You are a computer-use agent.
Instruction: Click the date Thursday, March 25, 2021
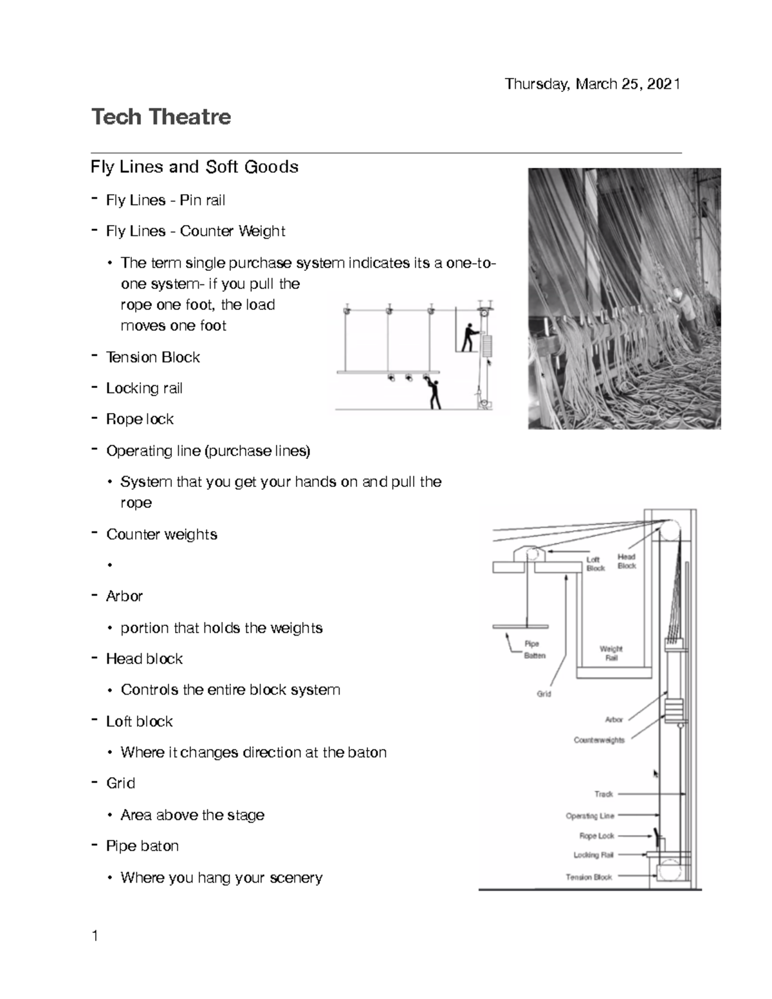tap(592, 84)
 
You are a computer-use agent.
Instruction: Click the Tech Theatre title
tap(161, 117)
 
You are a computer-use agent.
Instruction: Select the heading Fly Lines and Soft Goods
tap(194, 167)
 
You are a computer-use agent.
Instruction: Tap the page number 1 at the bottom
tap(95, 936)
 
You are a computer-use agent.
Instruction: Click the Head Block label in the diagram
tap(627, 562)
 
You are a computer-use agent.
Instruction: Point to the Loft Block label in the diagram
tap(596, 564)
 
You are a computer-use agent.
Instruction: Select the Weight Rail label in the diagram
tap(611, 654)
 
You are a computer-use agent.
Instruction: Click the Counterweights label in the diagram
tap(599, 740)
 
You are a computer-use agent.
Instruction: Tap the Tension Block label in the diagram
tap(589, 877)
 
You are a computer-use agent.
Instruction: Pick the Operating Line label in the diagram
tap(590, 816)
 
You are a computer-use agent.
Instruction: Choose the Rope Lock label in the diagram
tap(596, 836)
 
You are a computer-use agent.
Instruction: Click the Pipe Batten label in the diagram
tap(534, 650)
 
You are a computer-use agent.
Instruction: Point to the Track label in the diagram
tap(603, 794)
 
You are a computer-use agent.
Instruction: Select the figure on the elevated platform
tap(472, 336)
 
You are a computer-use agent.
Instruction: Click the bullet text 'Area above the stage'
tap(192, 815)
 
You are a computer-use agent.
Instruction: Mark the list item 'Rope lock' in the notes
tap(140, 419)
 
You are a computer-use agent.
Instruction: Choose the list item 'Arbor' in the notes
tap(124, 596)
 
